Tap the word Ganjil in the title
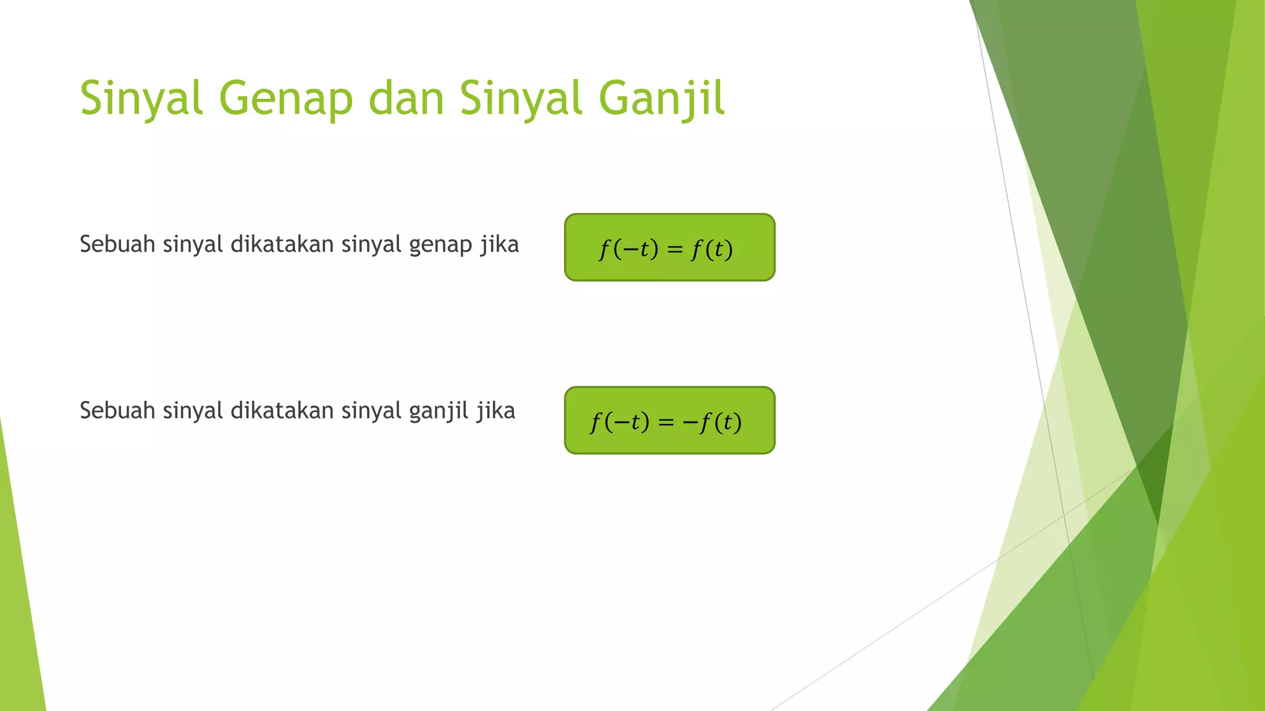pyautogui.click(x=662, y=99)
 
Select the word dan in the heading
pyautogui.click(x=406, y=99)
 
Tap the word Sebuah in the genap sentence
pyautogui.click(x=117, y=244)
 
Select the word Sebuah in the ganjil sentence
pyautogui.click(x=117, y=410)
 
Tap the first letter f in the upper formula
pyautogui.click(x=604, y=249)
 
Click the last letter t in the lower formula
pyautogui.click(x=728, y=422)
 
